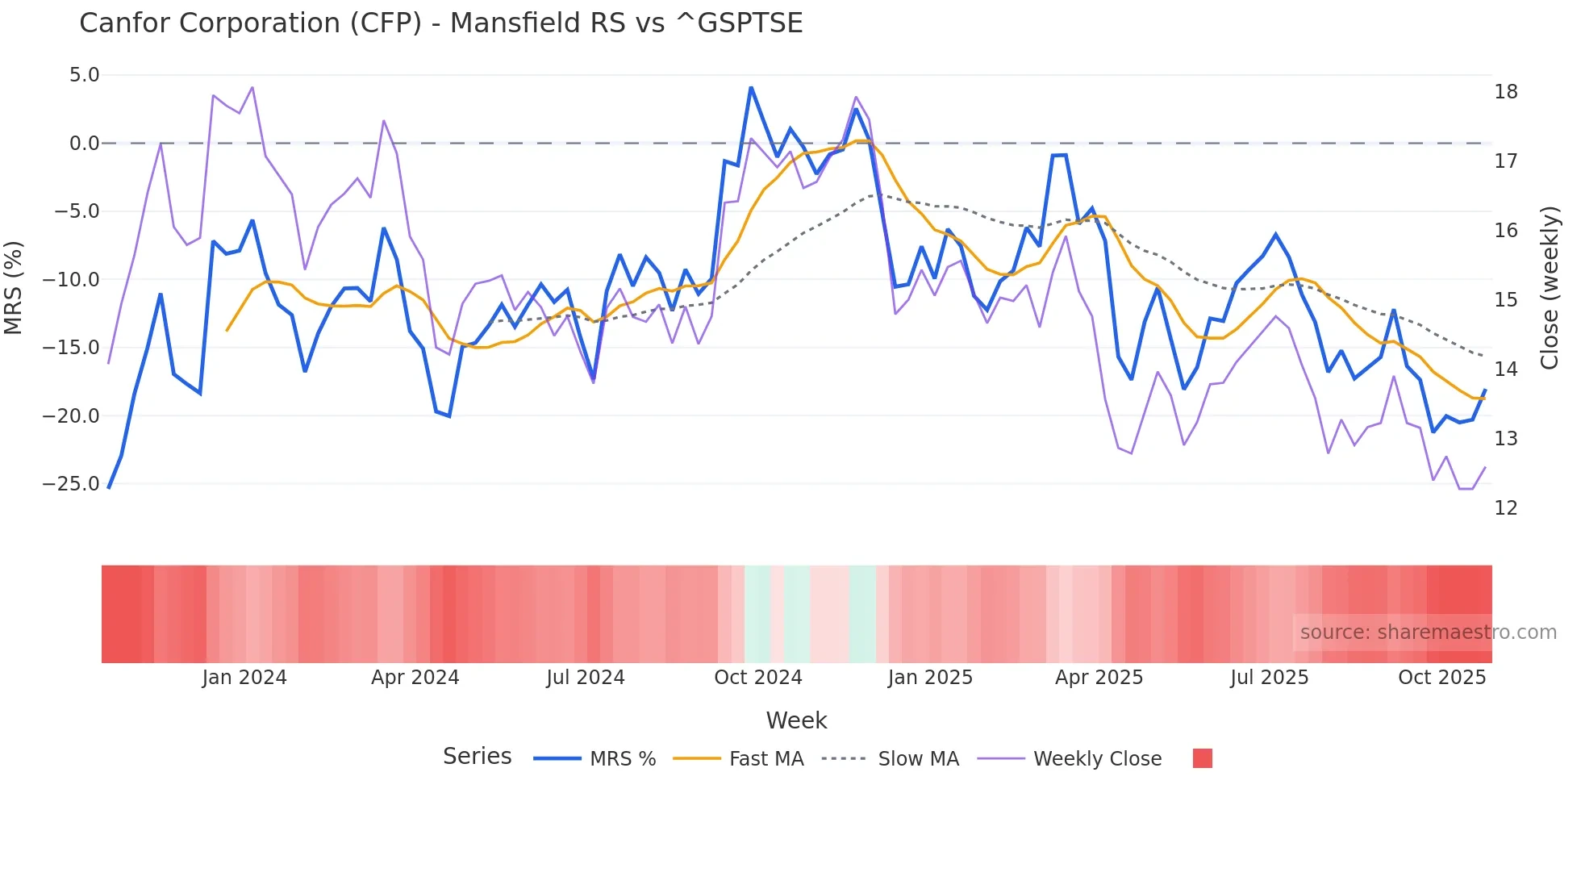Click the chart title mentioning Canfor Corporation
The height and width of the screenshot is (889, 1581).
coord(440,23)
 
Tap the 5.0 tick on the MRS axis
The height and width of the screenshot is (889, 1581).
coord(84,75)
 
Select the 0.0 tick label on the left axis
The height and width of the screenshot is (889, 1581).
coord(84,144)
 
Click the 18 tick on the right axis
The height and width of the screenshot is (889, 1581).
coord(1505,92)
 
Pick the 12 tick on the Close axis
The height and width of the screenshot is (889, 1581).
coord(1505,508)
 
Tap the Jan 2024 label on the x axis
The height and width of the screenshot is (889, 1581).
coord(244,678)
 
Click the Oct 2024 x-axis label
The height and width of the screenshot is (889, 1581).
coord(757,678)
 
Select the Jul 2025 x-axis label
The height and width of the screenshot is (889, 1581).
coord(1269,678)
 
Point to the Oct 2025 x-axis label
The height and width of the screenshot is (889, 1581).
coord(1441,678)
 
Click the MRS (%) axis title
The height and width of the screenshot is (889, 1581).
coord(13,287)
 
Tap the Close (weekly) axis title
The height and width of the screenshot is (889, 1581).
coord(1550,288)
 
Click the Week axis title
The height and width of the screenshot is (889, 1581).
coord(796,720)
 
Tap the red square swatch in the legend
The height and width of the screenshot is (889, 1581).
coord(1202,758)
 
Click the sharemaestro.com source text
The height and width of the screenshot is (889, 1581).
coord(1428,632)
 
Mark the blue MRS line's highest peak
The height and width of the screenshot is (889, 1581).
coord(751,87)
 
